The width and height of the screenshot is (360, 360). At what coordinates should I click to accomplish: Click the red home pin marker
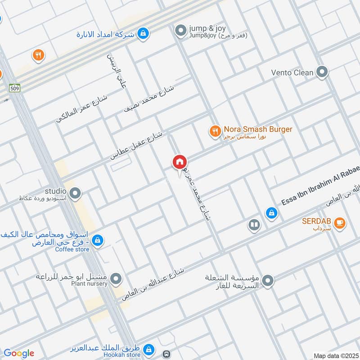coord(179,162)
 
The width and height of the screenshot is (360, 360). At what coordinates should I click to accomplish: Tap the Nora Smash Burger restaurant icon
coord(215,131)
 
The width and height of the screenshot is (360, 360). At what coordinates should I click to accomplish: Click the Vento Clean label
coord(292,72)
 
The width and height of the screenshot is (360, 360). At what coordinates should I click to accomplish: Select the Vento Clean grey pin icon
coord(322,72)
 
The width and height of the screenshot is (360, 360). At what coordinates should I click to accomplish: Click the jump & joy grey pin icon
coord(180,31)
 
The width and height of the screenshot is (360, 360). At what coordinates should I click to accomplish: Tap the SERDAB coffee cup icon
coord(340,222)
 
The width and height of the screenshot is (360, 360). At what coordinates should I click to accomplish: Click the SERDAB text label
coord(317,221)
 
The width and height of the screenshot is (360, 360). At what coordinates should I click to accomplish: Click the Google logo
coord(18,353)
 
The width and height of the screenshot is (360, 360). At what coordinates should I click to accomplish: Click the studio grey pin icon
coord(76,193)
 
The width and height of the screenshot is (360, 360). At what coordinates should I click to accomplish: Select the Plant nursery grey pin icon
coord(117,279)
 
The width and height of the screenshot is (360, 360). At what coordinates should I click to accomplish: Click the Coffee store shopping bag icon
coord(97,241)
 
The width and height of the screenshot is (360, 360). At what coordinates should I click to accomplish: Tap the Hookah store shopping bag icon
coord(149,349)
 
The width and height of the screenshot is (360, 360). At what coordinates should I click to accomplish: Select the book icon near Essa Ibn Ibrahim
coord(254,225)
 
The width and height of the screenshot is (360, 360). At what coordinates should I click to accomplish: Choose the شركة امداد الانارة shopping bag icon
coord(143,33)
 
